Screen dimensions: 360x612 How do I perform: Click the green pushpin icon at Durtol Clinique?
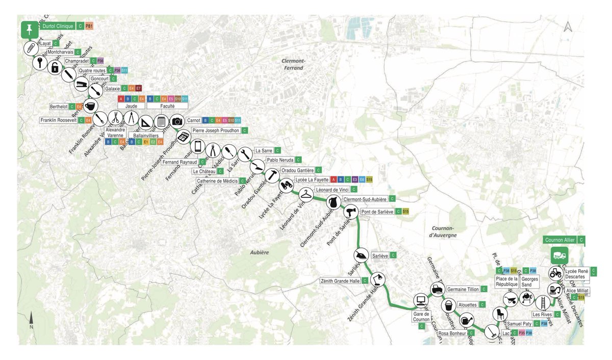coord(29,30)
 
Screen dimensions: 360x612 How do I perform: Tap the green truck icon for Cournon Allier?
coord(559,255)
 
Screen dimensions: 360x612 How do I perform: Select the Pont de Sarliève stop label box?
coord(377,211)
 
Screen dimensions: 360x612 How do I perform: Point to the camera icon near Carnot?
coord(177,121)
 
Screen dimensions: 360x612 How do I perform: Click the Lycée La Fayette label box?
coord(311,179)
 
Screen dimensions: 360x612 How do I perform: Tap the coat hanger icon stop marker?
coord(305,194)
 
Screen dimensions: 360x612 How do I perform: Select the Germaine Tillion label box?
coord(463,289)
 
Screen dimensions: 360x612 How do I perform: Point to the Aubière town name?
coord(259,252)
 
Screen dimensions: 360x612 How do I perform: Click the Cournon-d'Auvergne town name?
coord(441,232)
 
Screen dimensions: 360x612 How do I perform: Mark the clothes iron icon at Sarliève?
coord(360,256)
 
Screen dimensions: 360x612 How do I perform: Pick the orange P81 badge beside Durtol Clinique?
coord(89,25)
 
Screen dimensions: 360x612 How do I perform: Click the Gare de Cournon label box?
coord(421,317)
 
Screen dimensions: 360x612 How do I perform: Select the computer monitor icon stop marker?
coord(421,300)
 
